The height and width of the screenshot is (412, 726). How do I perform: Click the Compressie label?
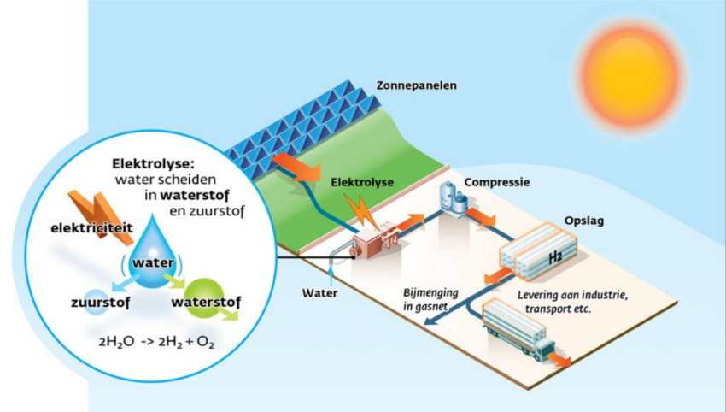tap(498, 183)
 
